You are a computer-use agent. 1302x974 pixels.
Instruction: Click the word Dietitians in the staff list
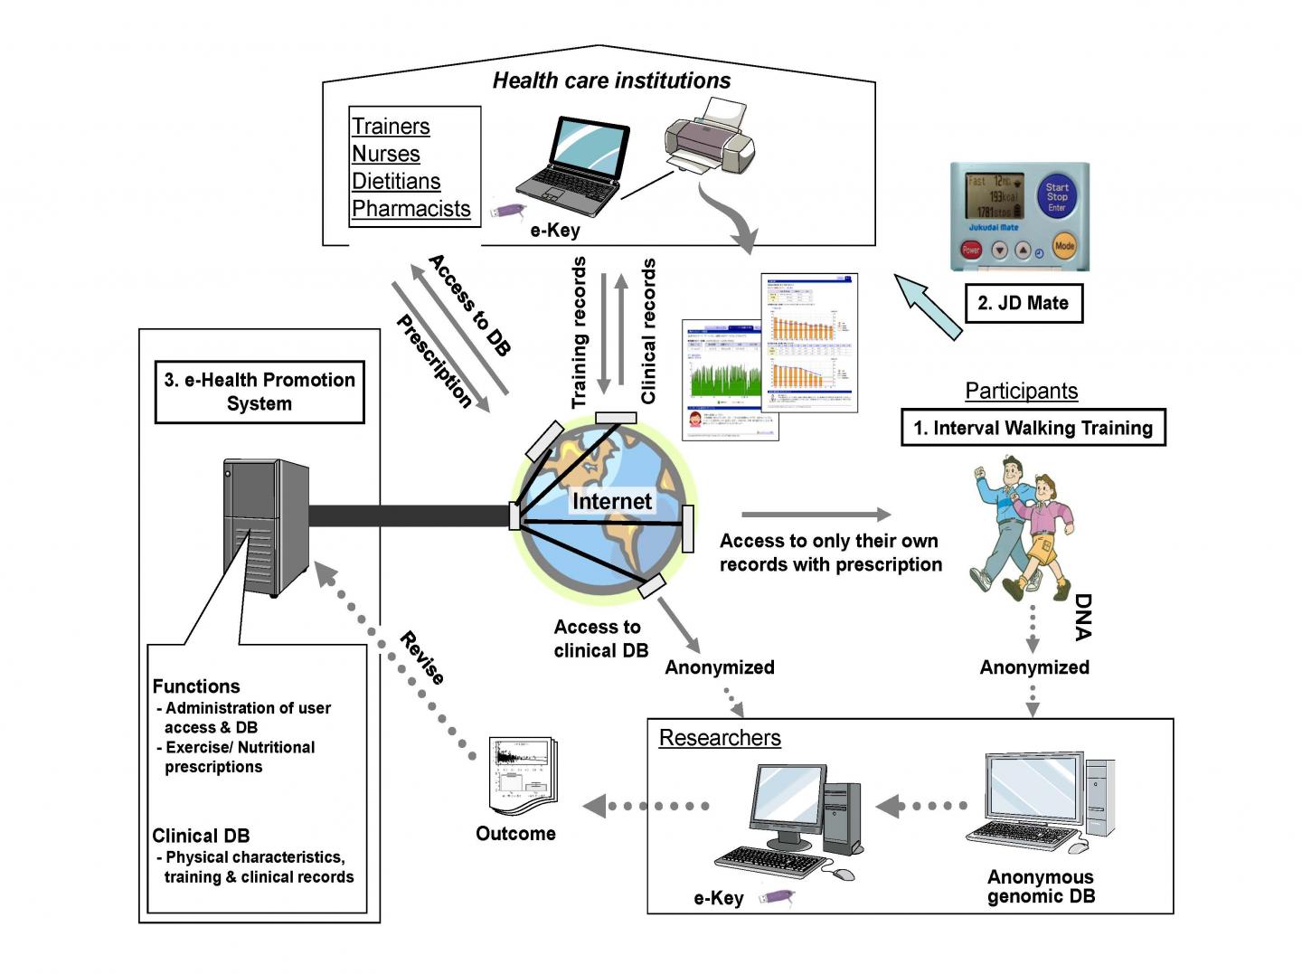coord(396,181)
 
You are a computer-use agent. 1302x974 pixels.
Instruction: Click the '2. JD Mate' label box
coord(1023,303)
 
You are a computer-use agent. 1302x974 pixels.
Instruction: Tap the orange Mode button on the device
coord(1064,245)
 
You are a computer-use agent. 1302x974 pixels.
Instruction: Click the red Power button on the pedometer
coord(971,250)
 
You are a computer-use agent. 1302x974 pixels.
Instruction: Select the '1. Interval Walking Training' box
coord(1033,428)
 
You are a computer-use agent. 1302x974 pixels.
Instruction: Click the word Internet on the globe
coord(611,501)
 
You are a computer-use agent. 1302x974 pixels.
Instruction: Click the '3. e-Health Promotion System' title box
coord(259,392)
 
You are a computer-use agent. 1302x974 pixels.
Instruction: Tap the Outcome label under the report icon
coord(515,834)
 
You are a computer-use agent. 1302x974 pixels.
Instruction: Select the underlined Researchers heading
coord(720,738)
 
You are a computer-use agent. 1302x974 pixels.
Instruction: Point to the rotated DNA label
coord(1083,617)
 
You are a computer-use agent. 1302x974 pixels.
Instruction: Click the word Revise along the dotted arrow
coord(422,658)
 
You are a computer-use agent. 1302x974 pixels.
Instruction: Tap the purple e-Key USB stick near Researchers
coord(777,897)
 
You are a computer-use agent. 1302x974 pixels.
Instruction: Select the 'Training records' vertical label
coord(579,332)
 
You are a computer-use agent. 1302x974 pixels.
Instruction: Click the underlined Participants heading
coord(1021,391)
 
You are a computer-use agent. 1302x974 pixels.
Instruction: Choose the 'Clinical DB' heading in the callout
coord(201,836)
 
